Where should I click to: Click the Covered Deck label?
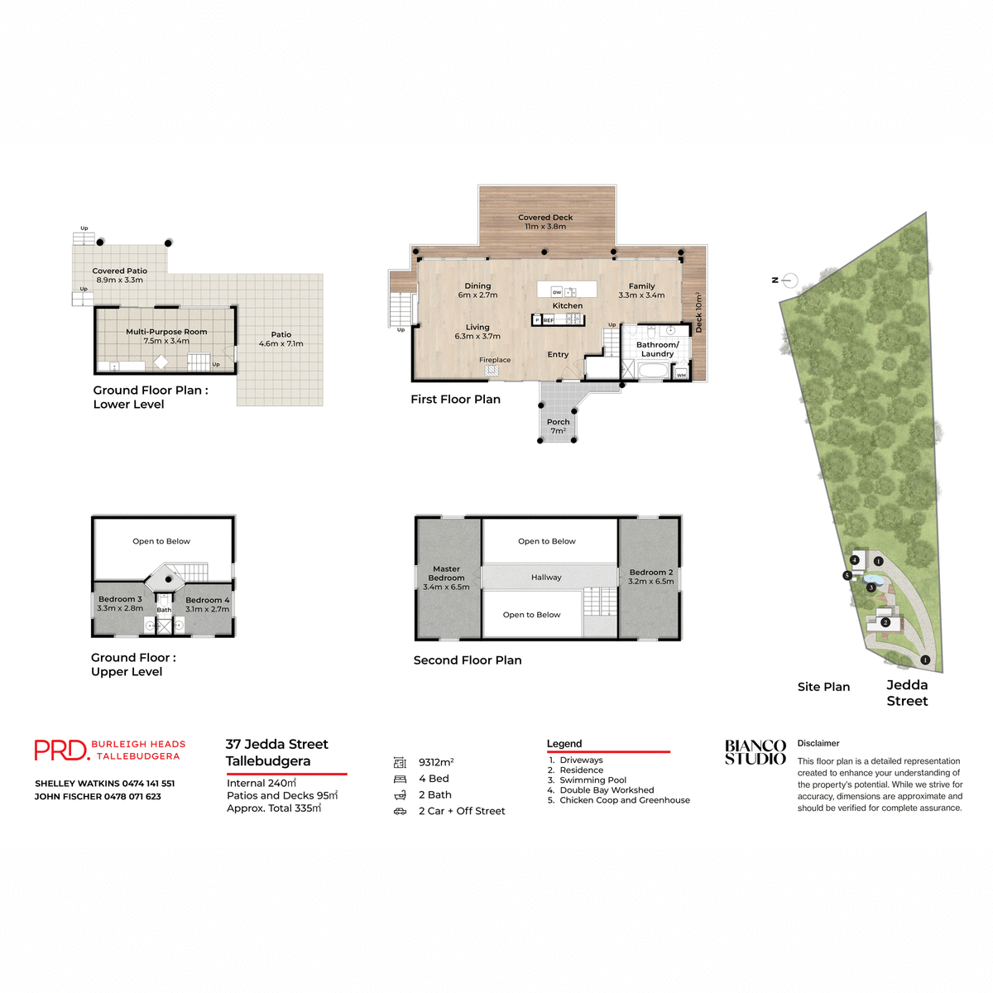pyautogui.click(x=545, y=222)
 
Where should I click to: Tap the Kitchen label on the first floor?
pyautogui.click(x=568, y=305)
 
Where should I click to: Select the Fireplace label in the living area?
pyautogui.click(x=495, y=360)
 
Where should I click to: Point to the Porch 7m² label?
pyautogui.click(x=559, y=426)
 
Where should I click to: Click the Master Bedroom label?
pyautogui.click(x=446, y=578)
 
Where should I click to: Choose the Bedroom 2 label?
pyautogui.click(x=651, y=577)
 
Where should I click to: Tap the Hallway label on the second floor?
pyautogui.click(x=546, y=578)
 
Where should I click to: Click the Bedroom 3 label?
pyautogui.click(x=120, y=603)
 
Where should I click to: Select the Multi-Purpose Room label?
pyautogui.click(x=166, y=336)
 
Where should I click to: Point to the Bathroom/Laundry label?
pyautogui.click(x=657, y=349)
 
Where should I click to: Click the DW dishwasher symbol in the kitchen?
pyautogui.click(x=557, y=292)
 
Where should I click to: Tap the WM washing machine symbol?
pyautogui.click(x=681, y=375)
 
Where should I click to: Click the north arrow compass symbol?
pyautogui.click(x=789, y=281)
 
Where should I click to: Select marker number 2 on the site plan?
pyautogui.click(x=885, y=622)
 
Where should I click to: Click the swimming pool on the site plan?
pyautogui.click(x=871, y=580)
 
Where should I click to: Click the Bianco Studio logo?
pyautogui.click(x=755, y=752)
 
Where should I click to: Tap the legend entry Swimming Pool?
pyautogui.click(x=592, y=780)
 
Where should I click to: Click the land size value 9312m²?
pyautogui.click(x=436, y=762)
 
